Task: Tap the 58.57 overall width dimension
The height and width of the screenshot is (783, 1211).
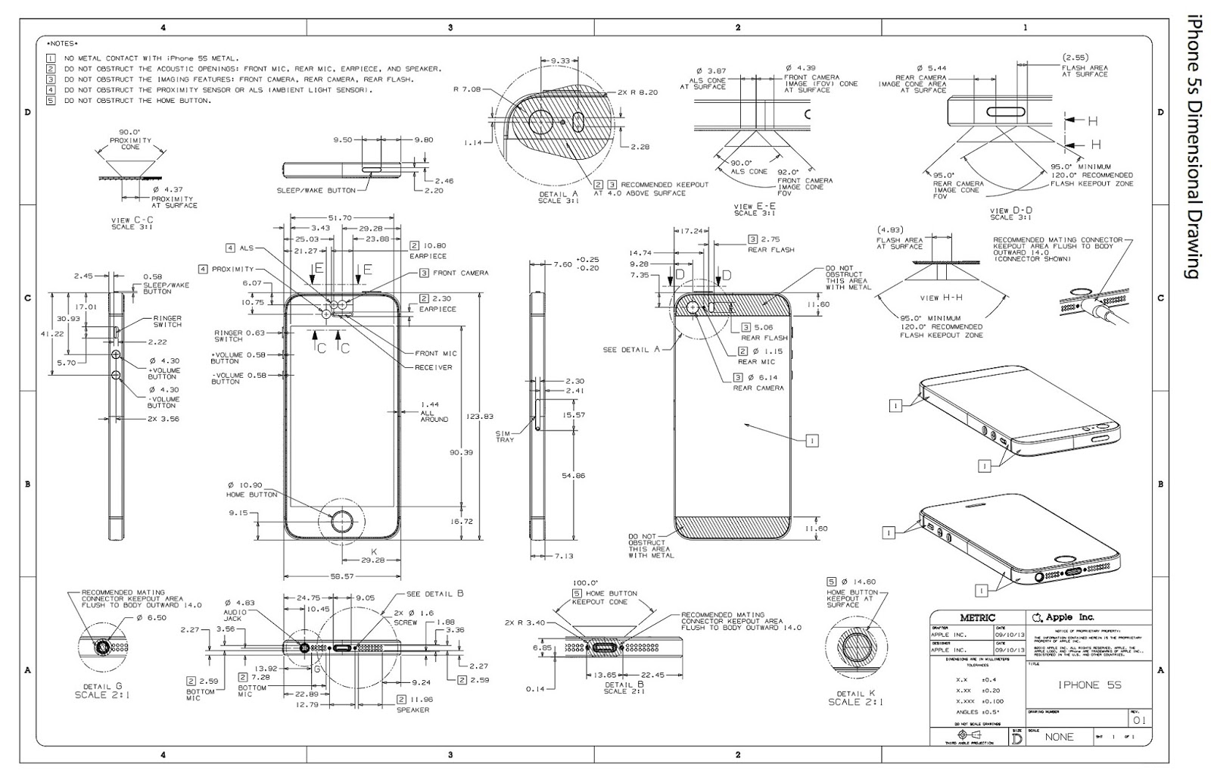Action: pos(341,576)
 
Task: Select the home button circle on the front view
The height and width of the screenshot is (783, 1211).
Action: pos(343,522)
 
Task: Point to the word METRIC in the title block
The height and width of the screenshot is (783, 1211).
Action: pos(977,618)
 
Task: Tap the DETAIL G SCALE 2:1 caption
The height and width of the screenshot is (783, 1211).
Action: pos(101,689)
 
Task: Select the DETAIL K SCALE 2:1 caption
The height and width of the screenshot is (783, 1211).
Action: pos(855,697)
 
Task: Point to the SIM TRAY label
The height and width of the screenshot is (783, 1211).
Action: pos(504,436)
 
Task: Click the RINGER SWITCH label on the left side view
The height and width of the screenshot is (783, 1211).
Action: pos(167,321)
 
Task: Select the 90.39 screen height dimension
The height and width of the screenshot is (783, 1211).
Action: pos(462,452)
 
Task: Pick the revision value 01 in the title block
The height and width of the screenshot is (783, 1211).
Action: pos(1139,720)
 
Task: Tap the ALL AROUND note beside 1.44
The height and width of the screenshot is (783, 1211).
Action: pos(434,416)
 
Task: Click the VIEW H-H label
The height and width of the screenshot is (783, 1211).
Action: pos(941,298)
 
